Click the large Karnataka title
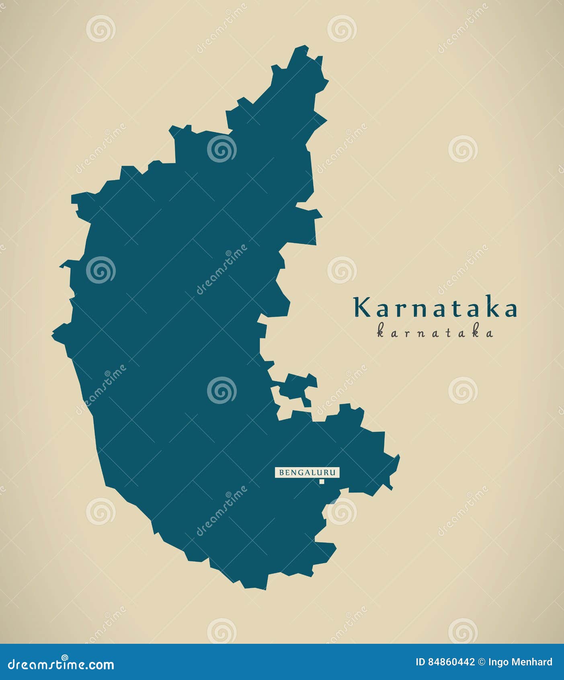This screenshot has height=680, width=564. [435, 308]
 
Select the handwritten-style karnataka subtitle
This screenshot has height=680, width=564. [435, 333]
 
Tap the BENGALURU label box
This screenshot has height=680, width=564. [307, 472]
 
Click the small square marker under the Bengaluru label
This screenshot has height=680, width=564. [322, 481]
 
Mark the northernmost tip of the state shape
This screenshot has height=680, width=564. [301, 47]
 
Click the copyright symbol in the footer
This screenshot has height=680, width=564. [482, 662]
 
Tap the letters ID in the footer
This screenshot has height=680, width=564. [420, 662]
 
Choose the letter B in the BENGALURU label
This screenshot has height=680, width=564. [281, 472]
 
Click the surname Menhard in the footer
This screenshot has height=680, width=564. [532, 662]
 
